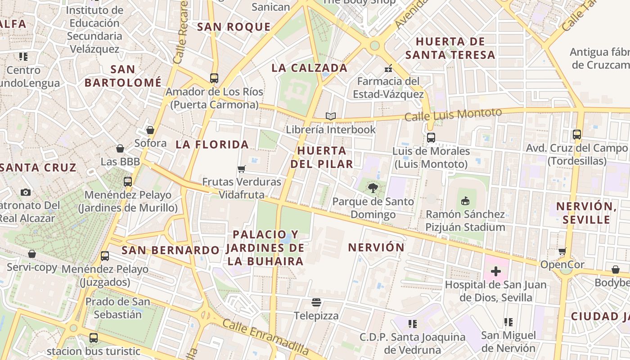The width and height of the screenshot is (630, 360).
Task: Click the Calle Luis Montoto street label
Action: click(453, 115)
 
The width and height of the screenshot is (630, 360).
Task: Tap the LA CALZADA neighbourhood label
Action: click(310, 68)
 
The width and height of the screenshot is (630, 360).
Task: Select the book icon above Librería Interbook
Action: click(331, 117)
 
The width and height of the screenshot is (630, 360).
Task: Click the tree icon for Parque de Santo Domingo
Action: click(373, 188)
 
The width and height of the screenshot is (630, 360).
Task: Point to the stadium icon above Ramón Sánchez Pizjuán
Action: click(465, 201)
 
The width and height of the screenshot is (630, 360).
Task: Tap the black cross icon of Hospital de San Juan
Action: click(496, 271)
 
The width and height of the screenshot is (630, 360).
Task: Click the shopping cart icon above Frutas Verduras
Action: click(242, 169)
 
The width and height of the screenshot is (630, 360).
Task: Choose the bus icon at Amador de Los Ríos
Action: click(214, 78)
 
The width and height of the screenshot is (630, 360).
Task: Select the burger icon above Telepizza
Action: click(316, 302)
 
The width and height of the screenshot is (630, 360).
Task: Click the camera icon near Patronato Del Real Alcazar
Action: click(26, 192)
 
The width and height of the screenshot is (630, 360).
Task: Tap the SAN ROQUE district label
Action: click(234, 27)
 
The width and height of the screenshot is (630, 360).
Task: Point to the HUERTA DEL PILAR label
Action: click(322, 157)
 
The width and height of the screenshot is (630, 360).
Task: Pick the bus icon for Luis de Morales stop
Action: click(431, 138)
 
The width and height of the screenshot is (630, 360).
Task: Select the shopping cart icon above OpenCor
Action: click(562, 251)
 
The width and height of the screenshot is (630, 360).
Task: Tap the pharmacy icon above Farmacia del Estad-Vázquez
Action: click(388, 68)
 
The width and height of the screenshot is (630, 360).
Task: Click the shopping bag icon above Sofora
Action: click(150, 130)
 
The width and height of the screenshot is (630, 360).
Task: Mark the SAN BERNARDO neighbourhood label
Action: click(171, 250)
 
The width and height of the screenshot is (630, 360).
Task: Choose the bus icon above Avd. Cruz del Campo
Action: click(577, 134)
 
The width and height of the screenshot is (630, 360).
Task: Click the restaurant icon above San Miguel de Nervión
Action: click(508, 322)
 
